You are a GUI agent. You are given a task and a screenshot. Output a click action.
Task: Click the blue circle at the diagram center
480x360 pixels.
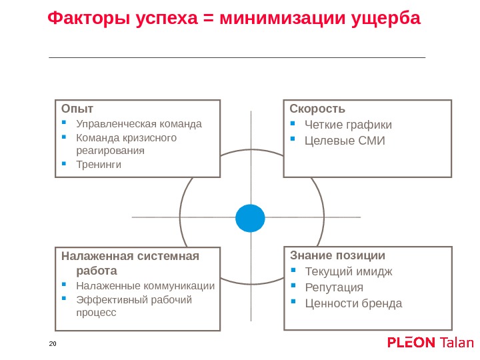(x=251, y=217)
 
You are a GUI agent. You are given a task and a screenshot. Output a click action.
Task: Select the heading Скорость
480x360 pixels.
(x=317, y=109)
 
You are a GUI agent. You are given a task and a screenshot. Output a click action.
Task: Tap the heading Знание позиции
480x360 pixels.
(x=337, y=255)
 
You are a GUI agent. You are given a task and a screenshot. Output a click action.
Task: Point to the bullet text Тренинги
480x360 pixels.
(x=99, y=164)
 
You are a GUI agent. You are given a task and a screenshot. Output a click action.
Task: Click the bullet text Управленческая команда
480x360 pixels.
(x=139, y=123)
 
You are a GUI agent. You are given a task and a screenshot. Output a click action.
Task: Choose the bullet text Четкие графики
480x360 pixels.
(x=348, y=125)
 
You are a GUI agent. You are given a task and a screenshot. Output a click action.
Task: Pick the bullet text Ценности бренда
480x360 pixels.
(x=353, y=303)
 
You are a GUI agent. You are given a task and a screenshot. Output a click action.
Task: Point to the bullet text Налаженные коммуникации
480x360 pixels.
(x=145, y=286)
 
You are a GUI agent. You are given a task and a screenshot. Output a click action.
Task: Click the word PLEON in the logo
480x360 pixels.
(x=412, y=343)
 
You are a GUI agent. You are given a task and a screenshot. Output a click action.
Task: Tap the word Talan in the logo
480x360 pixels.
(x=457, y=343)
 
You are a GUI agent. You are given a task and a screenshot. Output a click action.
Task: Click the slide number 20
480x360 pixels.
(x=53, y=343)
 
